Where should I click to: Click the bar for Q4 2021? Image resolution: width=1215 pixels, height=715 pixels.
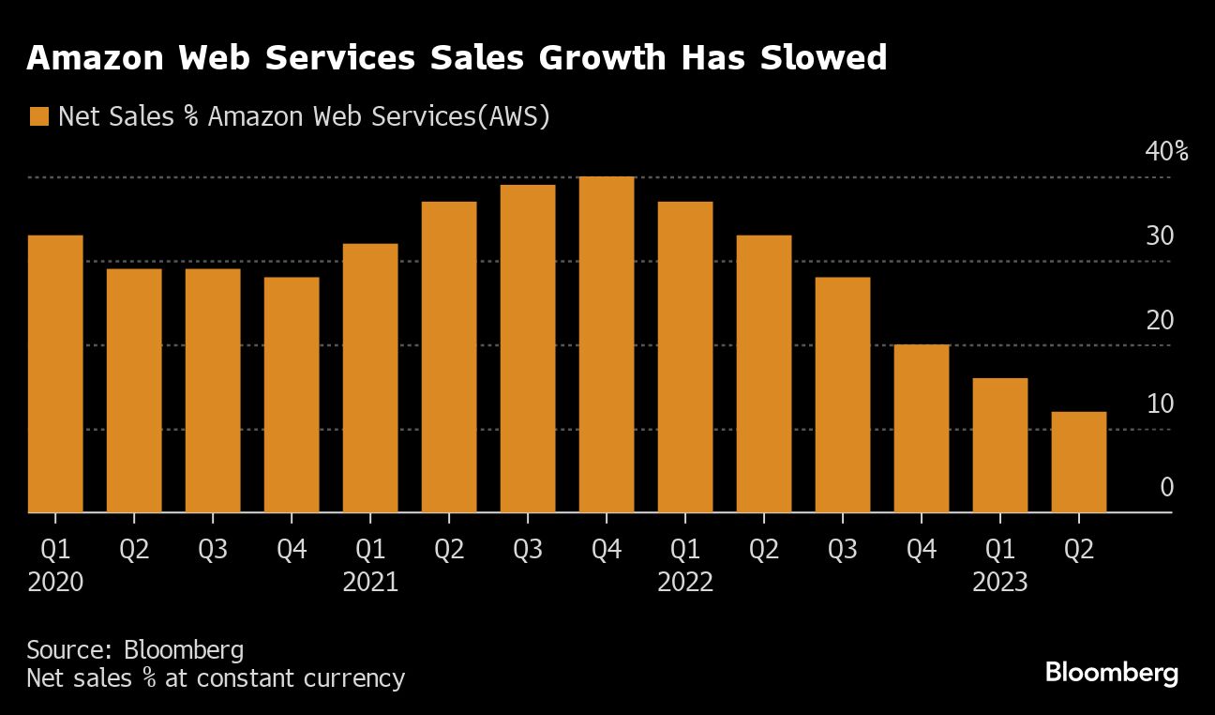607,345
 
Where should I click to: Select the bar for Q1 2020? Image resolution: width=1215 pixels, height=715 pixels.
55,374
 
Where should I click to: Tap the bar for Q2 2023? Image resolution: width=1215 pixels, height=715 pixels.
1079,463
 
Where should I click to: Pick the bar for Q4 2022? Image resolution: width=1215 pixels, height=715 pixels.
922,429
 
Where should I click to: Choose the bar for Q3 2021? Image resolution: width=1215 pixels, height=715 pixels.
528,349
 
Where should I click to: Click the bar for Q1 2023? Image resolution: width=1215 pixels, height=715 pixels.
1000,446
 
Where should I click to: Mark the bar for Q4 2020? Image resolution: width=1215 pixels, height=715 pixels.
292,395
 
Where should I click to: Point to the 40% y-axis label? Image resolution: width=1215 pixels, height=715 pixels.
1166,152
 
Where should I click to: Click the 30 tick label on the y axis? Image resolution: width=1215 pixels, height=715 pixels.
1160,236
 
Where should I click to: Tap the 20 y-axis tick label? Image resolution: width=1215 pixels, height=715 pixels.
1160,321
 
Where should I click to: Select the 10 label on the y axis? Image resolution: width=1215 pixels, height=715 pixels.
1160,404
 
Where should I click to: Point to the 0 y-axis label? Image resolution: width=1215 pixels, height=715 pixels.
1167,488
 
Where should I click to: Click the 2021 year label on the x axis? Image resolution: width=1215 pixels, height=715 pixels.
370,583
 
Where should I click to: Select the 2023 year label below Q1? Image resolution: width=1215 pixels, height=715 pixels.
1000,583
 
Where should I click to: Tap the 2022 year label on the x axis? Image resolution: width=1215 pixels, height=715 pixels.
685,583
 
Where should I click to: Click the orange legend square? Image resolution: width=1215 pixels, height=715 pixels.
38,116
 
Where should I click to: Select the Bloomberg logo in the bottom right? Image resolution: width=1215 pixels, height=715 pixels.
1111,673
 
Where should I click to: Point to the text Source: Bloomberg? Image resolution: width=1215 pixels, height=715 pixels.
135,649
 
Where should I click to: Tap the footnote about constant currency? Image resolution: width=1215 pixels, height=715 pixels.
216,678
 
